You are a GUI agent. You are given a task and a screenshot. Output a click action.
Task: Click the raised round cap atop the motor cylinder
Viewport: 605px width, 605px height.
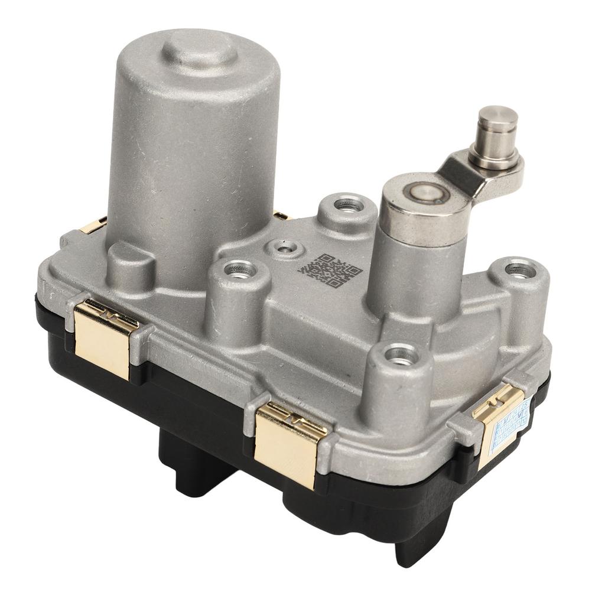pyautogui.click(x=199, y=48)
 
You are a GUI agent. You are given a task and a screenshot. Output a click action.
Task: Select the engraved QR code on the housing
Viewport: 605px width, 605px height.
pyautogui.click(x=330, y=270)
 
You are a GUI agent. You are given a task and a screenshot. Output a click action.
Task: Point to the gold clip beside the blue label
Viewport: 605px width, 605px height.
pyautogui.click(x=495, y=417)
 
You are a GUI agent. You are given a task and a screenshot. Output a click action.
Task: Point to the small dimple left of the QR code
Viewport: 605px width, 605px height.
pyautogui.click(x=286, y=249)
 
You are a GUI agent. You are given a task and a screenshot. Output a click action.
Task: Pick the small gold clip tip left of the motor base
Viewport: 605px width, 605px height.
pyautogui.click(x=93, y=226)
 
